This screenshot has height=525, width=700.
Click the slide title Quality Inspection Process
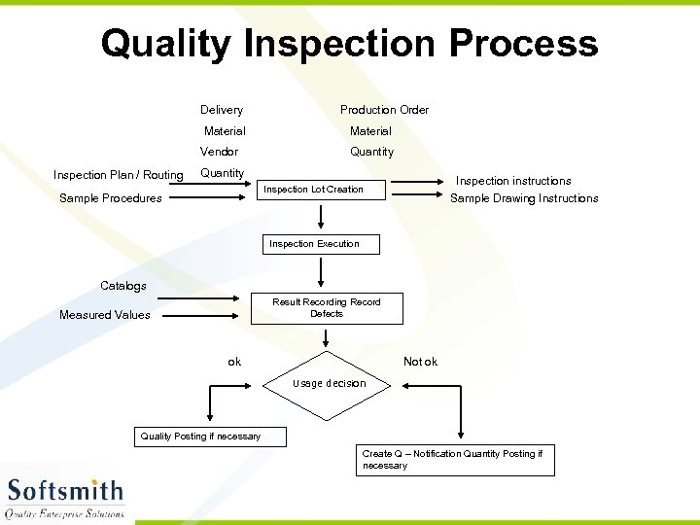point(349,45)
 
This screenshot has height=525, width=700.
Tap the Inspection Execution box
point(321,244)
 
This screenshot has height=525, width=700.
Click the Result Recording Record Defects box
point(327,308)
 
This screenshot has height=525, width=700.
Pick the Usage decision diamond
point(329,383)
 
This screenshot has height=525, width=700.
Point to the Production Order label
point(384,110)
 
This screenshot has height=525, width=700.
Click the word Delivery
point(222,110)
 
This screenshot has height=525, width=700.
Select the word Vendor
point(219,152)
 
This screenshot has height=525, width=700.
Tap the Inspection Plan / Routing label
point(118,175)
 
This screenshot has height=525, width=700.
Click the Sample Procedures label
point(111,198)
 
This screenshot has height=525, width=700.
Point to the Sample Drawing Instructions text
point(524,198)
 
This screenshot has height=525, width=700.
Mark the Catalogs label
point(123,286)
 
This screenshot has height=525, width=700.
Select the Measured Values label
point(105,315)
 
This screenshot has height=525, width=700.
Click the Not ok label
point(420,362)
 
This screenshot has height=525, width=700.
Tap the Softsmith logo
point(66,497)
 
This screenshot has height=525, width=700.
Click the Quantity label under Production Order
point(372,152)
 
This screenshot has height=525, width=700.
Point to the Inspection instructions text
point(513,181)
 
